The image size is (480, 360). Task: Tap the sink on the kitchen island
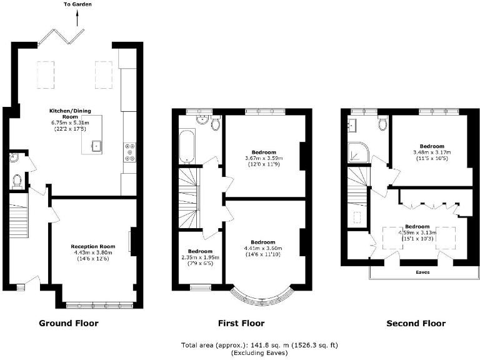pos(97,146)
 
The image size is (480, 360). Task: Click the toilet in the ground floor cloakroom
pos(17,181)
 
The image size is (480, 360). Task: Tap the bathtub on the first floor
pos(187,147)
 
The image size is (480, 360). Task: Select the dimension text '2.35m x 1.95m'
pos(196,256)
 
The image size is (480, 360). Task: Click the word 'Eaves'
pos(423,272)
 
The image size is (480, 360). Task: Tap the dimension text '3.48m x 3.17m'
pos(432,152)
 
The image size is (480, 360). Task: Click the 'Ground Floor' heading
pos(69,323)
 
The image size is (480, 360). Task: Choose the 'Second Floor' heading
pos(416,323)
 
